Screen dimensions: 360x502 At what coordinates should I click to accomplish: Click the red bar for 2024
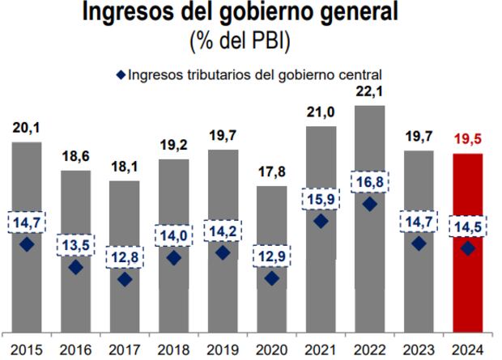[467, 243]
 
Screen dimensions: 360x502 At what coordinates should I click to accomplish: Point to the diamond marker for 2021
[320, 221]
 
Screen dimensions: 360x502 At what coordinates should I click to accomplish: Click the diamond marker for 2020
[271, 278]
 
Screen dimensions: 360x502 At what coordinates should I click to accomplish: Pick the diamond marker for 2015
[26, 244]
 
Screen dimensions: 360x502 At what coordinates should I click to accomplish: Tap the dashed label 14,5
[467, 227]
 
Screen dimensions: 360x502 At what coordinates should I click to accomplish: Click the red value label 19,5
[467, 138]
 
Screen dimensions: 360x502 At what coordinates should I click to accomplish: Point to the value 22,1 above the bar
[369, 91]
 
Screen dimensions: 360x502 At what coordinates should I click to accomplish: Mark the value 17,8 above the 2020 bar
[271, 172]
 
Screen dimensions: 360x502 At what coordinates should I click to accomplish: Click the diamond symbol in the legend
[121, 75]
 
